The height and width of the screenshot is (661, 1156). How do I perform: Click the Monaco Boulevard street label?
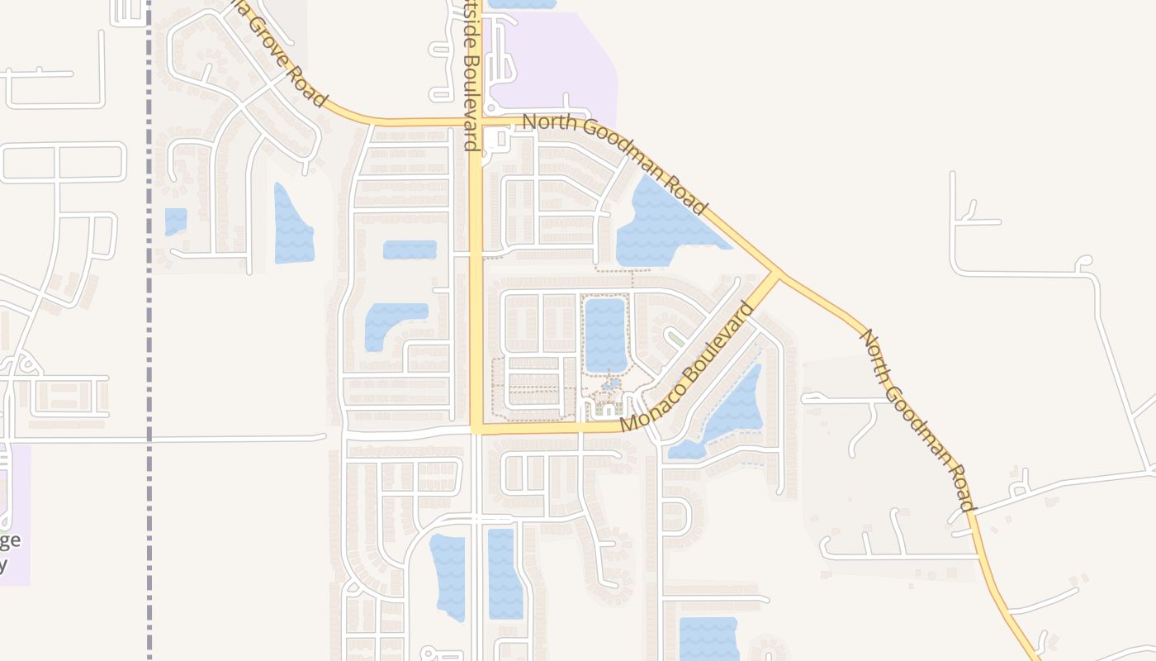click(x=687, y=367)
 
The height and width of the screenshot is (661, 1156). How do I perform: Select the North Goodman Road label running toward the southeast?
click(x=918, y=420)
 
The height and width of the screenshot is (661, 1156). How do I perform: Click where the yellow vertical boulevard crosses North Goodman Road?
click(x=476, y=124)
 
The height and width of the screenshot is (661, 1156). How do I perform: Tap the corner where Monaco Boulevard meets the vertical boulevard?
click(x=477, y=429)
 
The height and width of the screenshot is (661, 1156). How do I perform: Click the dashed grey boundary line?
click(x=149, y=330)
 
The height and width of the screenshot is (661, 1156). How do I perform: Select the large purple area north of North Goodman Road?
click(x=561, y=66)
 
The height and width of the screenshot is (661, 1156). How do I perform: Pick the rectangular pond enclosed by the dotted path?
click(x=605, y=335)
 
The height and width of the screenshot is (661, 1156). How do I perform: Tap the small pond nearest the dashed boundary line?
click(x=176, y=221)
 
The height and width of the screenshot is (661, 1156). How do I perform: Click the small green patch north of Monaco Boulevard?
click(x=675, y=339)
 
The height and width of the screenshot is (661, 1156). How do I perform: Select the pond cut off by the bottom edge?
click(x=708, y=640)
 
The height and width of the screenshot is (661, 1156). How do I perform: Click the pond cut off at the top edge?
click(x=522, y=4)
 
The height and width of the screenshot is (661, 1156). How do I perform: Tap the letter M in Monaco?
click(x=630, y=423)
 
